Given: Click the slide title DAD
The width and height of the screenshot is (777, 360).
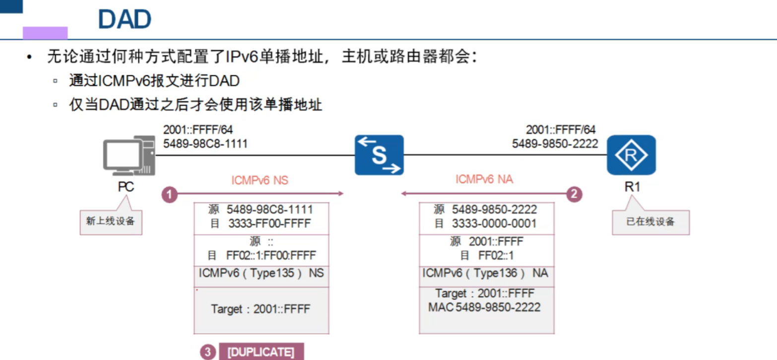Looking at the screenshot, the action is click(125, 19).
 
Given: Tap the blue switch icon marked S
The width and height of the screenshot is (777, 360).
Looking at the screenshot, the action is click(379, 155).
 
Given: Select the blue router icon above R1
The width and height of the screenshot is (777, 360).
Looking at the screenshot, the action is click(631, 155).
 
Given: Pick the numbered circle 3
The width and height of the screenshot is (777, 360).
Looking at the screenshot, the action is click(208, 353).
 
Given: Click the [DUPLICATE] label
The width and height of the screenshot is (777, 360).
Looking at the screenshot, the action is click(260, 353).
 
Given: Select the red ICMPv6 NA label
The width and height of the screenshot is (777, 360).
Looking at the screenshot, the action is click(484, 180).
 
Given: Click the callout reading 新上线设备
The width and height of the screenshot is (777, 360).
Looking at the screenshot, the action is click(110, 221).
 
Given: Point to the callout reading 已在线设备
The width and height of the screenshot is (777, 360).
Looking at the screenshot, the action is click(650, 222).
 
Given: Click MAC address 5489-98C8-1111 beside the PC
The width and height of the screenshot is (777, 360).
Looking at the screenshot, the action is click(205, 144).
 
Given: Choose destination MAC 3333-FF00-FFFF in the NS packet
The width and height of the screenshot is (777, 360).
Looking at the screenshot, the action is click(269, 224).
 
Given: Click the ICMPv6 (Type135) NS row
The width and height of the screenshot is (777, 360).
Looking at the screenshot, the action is click(261, 273).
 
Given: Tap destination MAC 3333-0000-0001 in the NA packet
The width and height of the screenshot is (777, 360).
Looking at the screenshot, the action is click(493, 224).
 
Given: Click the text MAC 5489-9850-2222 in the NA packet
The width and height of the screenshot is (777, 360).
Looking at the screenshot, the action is click(484, 307).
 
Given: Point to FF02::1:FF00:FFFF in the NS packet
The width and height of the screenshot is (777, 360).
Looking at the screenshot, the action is click(271, 256).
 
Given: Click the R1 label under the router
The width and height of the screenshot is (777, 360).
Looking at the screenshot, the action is click(632, 187).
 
